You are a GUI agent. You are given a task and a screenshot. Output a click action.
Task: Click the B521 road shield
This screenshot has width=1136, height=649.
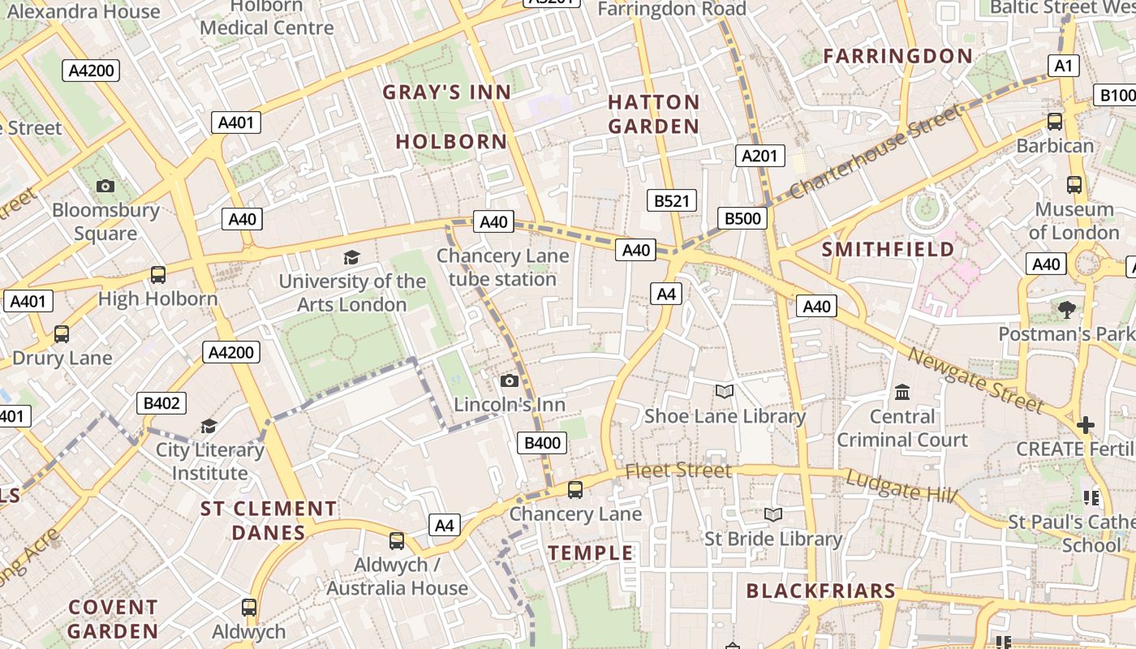671,201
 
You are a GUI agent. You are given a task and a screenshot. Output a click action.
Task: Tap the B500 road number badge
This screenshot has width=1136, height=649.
742,218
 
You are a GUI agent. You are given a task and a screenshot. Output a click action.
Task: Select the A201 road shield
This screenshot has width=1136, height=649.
760,156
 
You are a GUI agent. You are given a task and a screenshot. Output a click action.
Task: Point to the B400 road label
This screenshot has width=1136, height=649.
542,443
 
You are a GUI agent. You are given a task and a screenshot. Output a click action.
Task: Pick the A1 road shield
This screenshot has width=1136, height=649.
1063,67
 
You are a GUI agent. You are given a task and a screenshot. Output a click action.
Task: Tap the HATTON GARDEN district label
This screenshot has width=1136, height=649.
653,114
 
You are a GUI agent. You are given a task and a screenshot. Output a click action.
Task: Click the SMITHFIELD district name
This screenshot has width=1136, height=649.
889,249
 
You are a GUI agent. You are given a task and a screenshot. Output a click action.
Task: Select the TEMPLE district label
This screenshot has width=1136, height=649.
591,553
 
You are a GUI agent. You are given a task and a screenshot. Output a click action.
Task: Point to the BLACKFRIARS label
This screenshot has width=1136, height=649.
820,591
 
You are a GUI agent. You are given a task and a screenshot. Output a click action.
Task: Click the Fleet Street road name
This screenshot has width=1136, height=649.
678,471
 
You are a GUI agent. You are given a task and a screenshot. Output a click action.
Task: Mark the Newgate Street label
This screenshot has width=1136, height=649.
975,380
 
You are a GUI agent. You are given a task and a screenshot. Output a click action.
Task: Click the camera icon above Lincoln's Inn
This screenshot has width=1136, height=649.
510,381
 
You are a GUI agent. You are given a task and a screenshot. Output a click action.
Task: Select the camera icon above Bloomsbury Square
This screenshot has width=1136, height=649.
105,187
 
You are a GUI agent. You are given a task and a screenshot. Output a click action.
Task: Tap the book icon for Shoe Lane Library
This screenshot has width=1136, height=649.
725,392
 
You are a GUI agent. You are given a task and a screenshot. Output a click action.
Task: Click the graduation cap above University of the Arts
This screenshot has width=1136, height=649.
351,258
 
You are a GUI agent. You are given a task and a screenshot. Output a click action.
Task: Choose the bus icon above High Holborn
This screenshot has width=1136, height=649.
158,275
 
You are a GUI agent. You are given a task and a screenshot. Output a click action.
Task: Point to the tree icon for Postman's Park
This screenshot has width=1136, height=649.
1066,309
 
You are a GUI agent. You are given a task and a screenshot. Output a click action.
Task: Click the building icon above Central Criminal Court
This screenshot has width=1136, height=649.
902,393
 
